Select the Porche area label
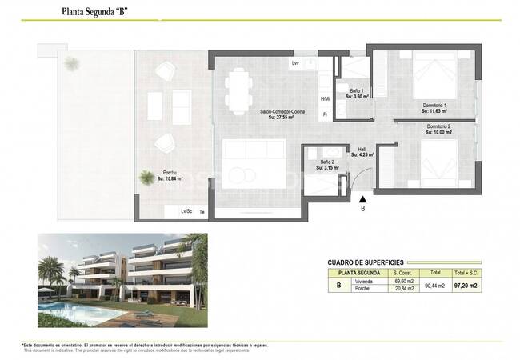tap(170, 176)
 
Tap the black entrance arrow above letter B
tap(362, 199)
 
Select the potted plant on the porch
tap(146, 178)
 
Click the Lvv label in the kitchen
tap(295, 63)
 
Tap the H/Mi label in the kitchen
tap(325, 99)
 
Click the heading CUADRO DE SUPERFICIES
tap(365, 262)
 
